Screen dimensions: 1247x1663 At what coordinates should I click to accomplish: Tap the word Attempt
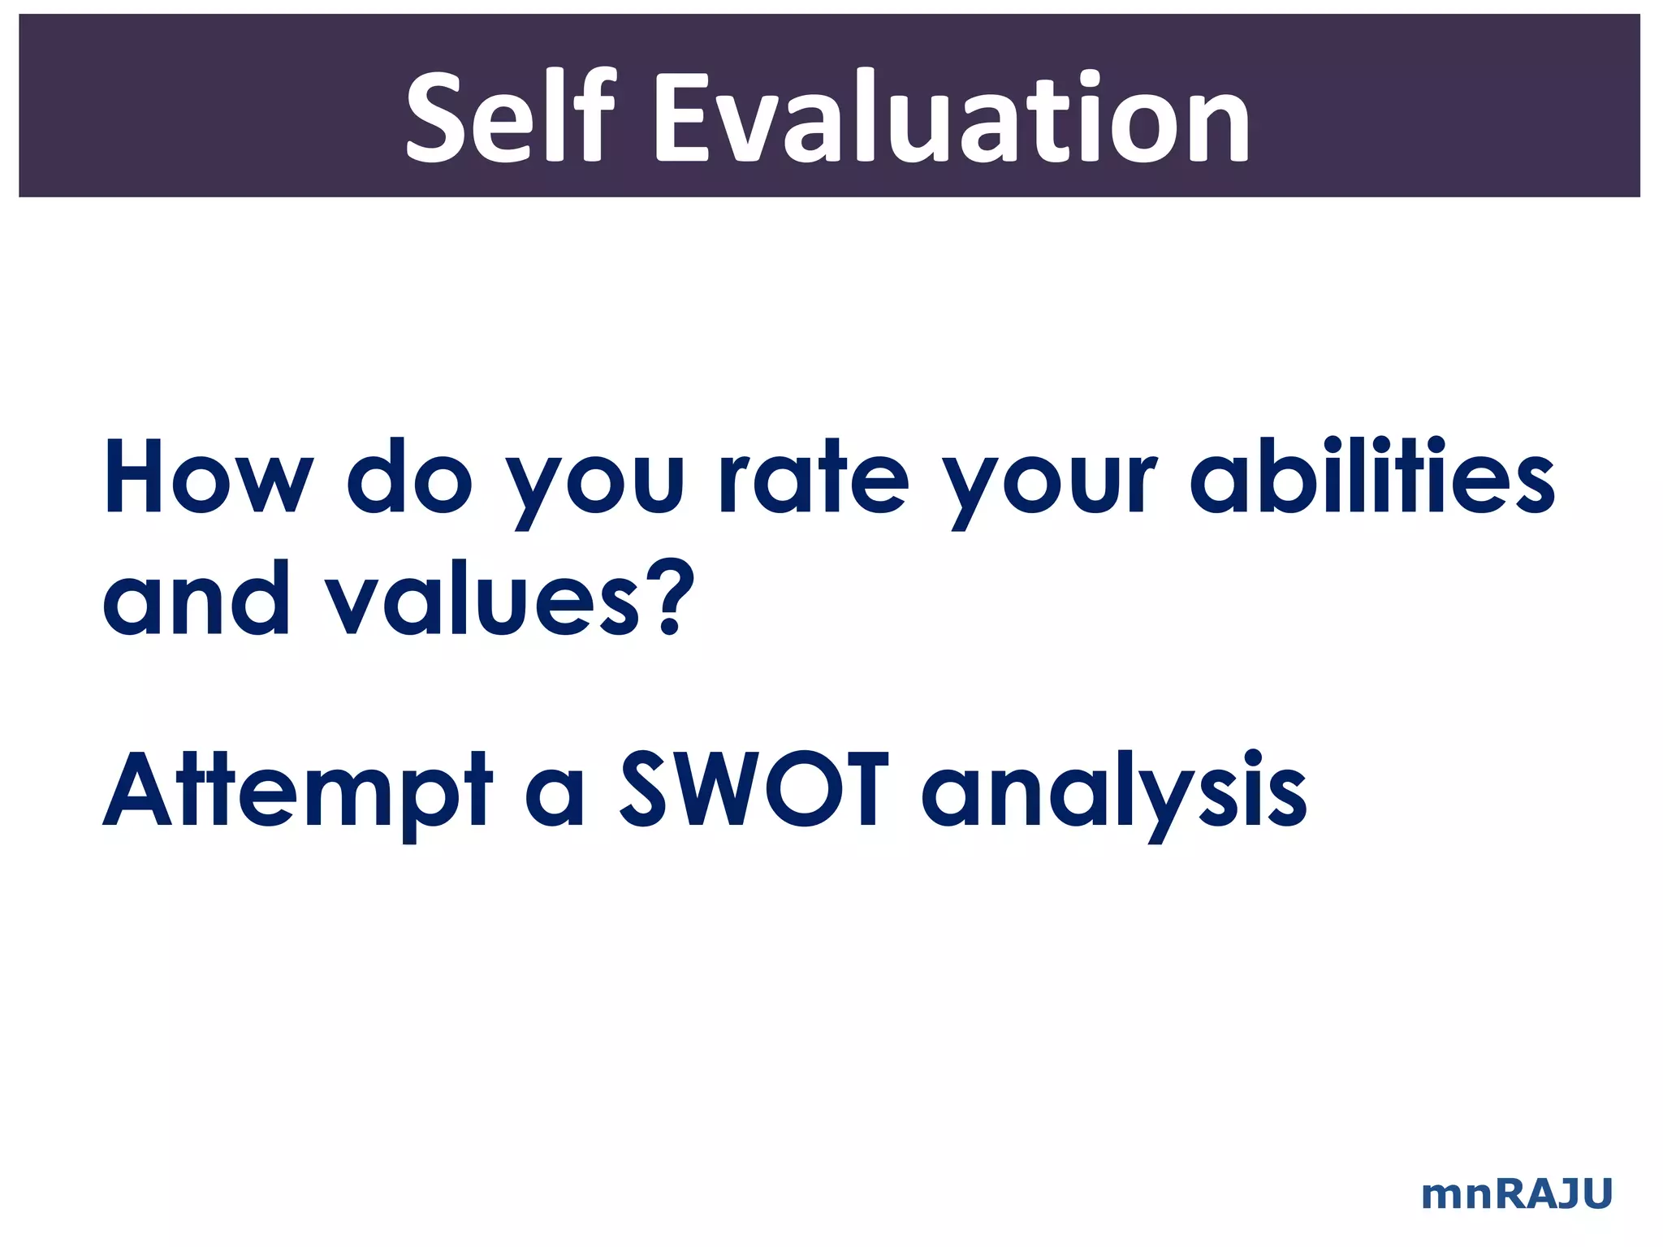tap(297, 792)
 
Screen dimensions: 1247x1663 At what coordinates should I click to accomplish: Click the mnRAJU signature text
tap(1516, 1194)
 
